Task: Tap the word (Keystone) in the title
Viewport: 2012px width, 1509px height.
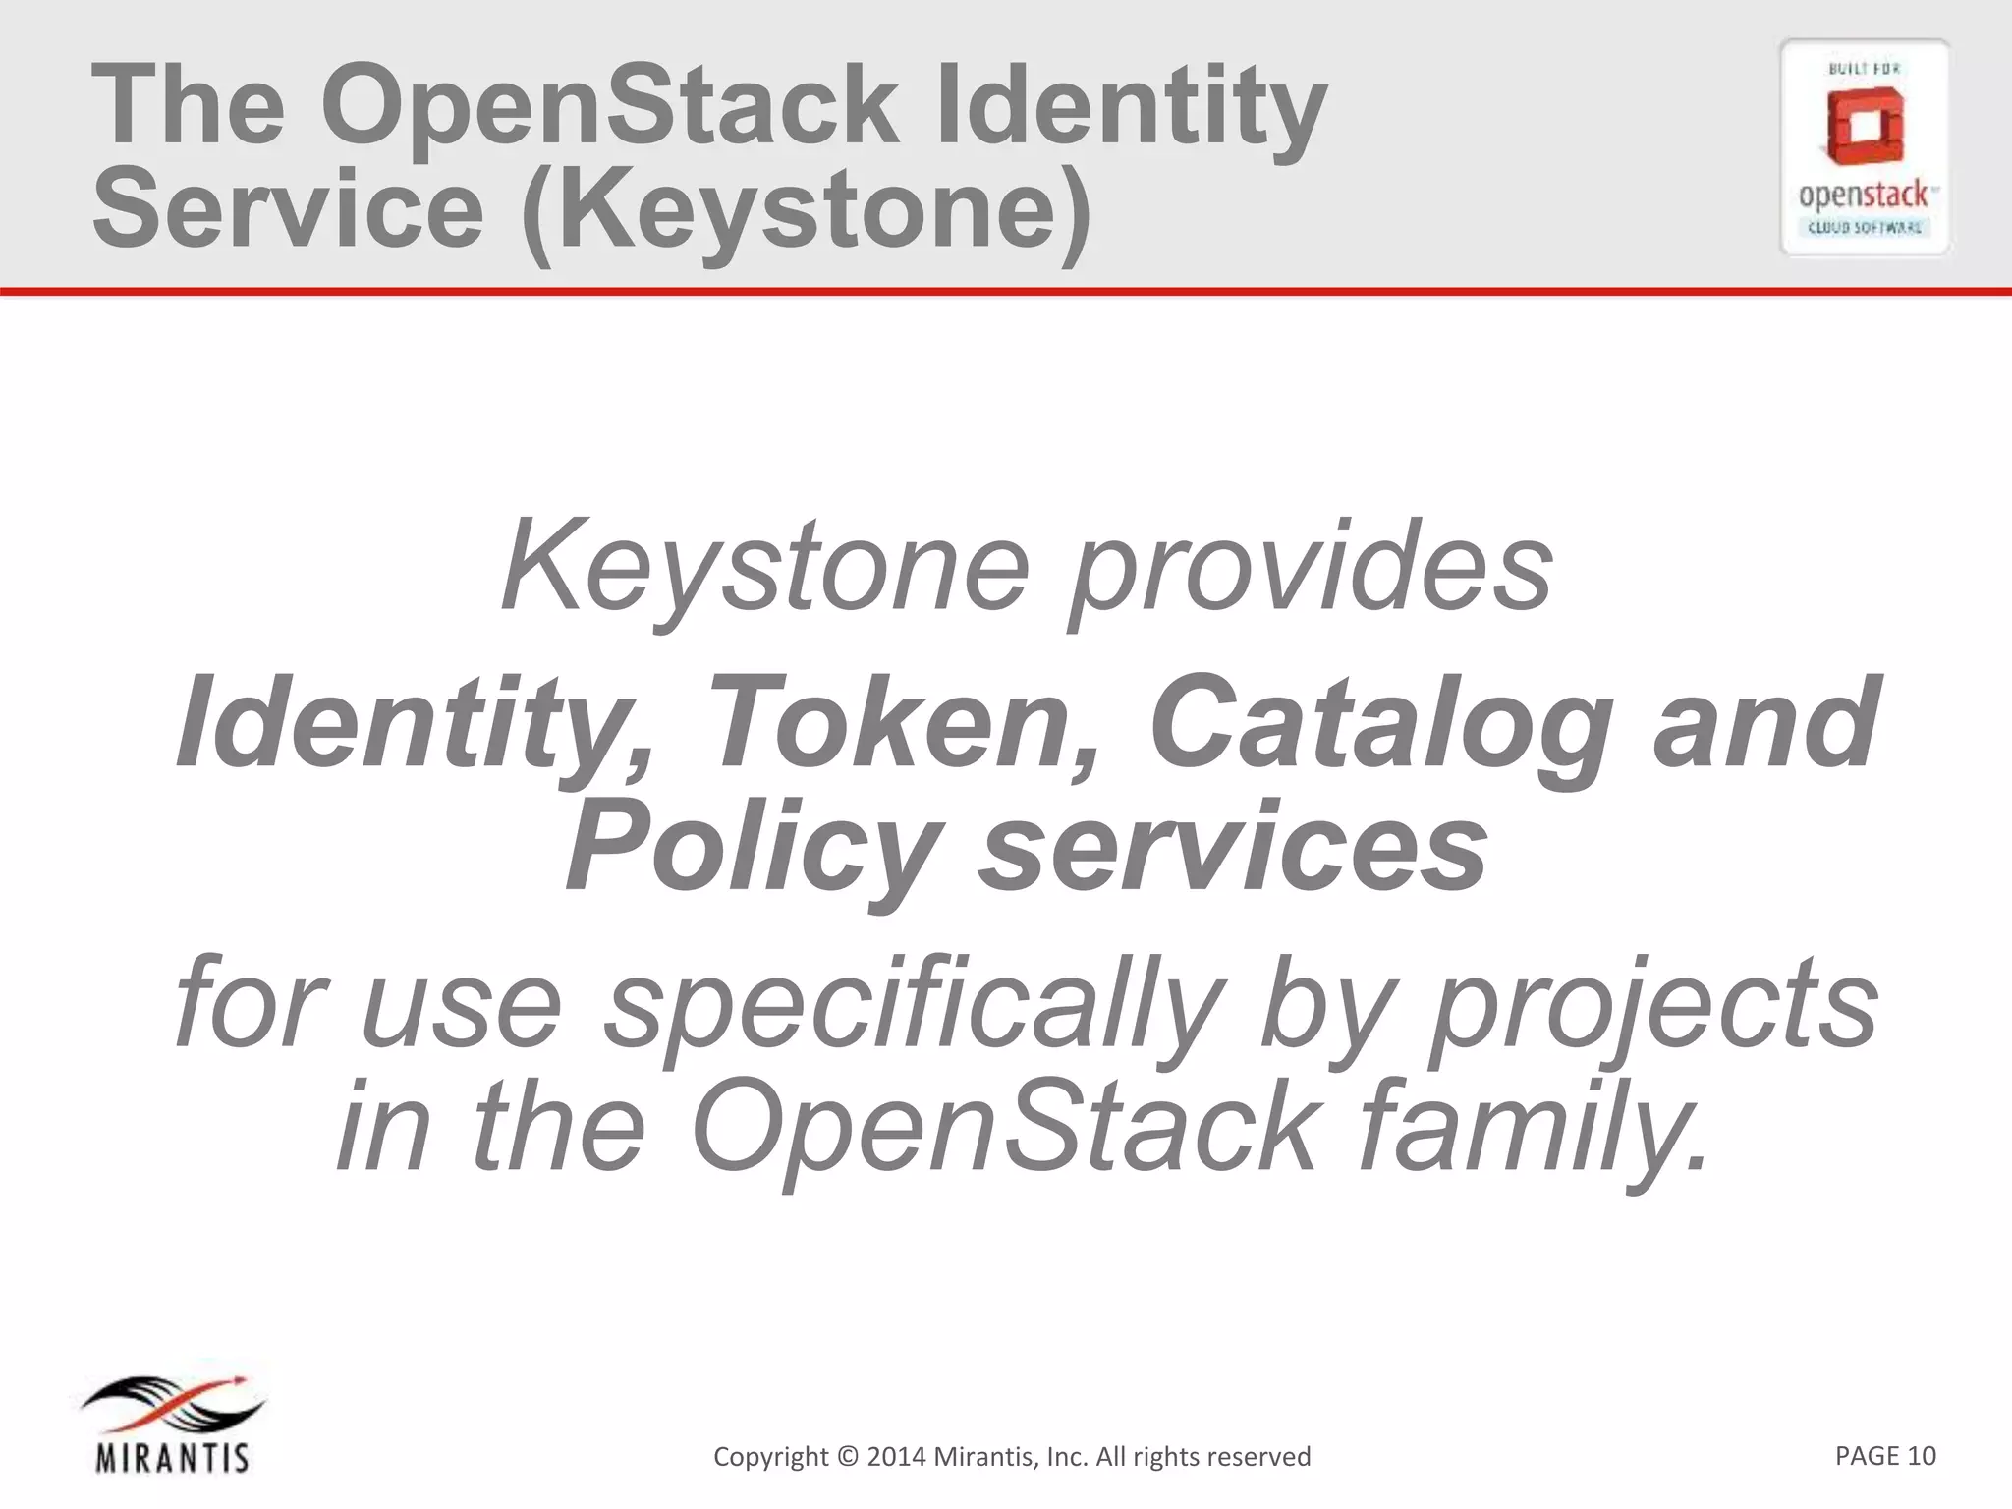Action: [x=806, y=208]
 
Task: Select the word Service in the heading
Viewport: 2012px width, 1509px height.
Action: [x=288, y=208]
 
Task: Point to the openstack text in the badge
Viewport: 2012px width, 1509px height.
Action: [x=1864, y=196]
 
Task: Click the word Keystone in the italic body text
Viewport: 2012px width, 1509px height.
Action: [x=765, y=568]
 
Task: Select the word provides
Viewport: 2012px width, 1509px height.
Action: [x=1311, y=568]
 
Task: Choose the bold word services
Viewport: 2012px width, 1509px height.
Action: [x=1232, y=845]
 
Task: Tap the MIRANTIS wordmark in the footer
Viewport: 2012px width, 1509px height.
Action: [x=173, y=1458]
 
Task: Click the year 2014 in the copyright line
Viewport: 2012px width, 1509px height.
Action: [x=896, y=1456]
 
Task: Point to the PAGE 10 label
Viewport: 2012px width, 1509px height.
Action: [x=1885, y=1455]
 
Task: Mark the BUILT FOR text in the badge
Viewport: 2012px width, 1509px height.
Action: [x=1864, y=68]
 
